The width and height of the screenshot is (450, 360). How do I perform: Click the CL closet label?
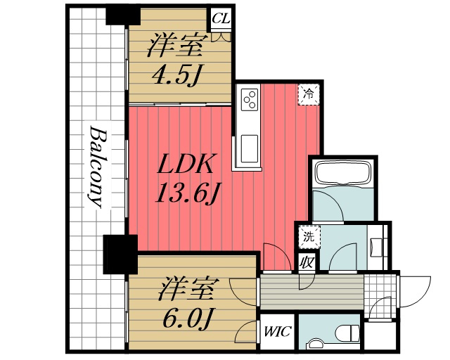pos(221,18)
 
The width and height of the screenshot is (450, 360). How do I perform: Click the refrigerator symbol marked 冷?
pos(307,93)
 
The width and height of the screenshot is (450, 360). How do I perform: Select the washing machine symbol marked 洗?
pos(309,236)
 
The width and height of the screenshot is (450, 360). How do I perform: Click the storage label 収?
pos(306,262)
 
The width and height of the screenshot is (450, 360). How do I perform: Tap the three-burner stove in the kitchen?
pos(249,101)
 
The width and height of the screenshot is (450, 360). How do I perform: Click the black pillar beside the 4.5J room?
pos(118,15)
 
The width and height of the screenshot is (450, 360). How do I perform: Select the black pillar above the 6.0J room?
pos(117,255)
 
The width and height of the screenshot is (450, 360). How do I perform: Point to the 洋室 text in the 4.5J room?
pos(175,46)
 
